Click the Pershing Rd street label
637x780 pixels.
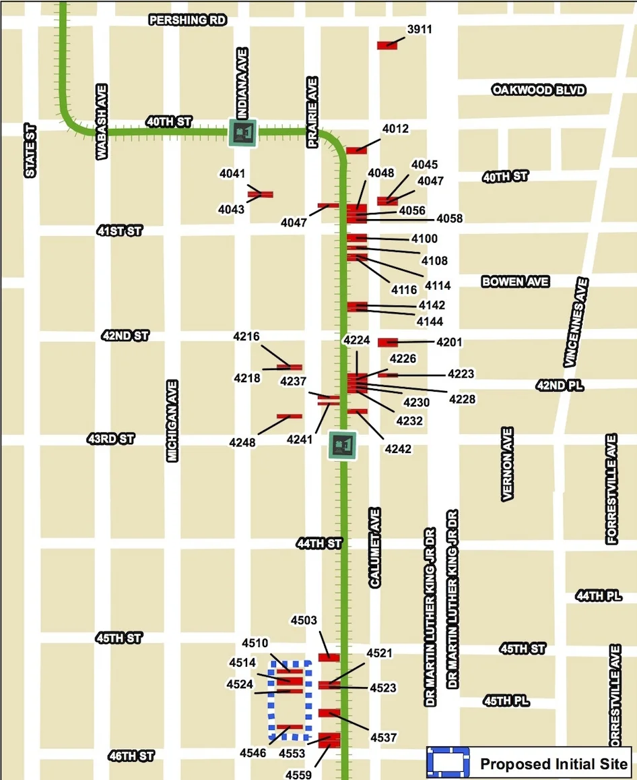click(187, 20)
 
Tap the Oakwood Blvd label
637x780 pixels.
click(539, 90)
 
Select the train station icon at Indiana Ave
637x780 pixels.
click(242, 132)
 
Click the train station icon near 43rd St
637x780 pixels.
click(342, 445)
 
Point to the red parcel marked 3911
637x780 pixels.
click(387, 45)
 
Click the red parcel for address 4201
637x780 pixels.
click(388, 342)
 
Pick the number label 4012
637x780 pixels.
click(395, 129)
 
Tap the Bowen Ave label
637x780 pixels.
click(515, 282)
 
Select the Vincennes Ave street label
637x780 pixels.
click(577, 322)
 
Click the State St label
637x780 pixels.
click(30, 150)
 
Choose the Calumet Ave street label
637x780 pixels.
click(375, 547)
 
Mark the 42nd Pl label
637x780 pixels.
click(559, 386)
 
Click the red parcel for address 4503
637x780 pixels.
click(329, 657)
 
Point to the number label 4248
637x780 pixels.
click(243, 443)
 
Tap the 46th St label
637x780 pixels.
click(131, 756)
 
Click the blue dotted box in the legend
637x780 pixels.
click(448, 764)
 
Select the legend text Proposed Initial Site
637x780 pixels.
click(554, 764)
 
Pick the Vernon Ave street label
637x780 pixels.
click(508, 463)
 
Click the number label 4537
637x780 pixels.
click(384, 738)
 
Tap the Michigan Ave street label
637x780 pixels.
click(172, 421)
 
